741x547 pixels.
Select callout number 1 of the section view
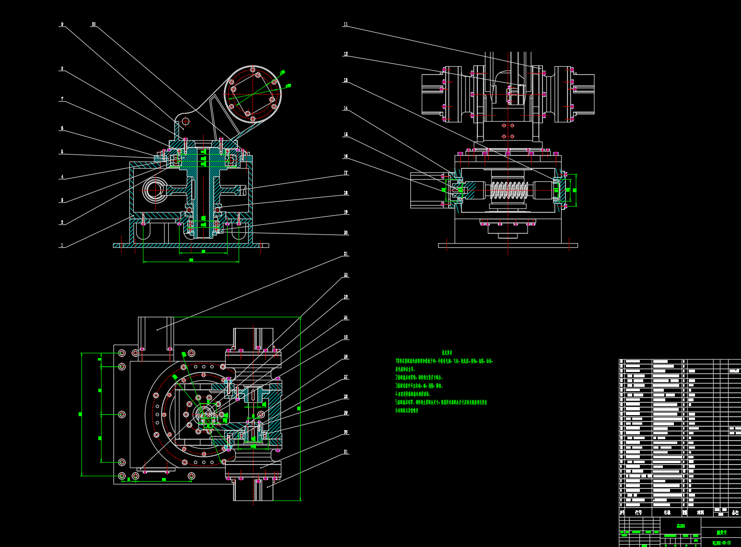pos(62,245)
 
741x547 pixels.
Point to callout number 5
pos(62,152)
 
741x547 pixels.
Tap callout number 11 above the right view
pos(346,24)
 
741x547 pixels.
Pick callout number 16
pos(346,156)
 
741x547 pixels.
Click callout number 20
pos(346,233)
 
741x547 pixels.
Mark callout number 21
pos(346,254)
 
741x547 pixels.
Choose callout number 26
pos(346,357)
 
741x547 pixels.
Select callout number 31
pos(346,452)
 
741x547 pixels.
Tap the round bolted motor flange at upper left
pos(253,94)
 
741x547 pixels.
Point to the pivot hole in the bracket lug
pos(185,121)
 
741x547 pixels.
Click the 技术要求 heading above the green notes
pos(448,352)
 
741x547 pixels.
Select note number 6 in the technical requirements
pos(407,410)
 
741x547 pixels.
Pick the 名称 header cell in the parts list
pos(667,512)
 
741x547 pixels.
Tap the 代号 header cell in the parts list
pos(638,512)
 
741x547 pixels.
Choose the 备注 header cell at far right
pos(735,512)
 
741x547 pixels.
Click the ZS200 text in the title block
pos(681,526)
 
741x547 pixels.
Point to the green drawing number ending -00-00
pos(721,543)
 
